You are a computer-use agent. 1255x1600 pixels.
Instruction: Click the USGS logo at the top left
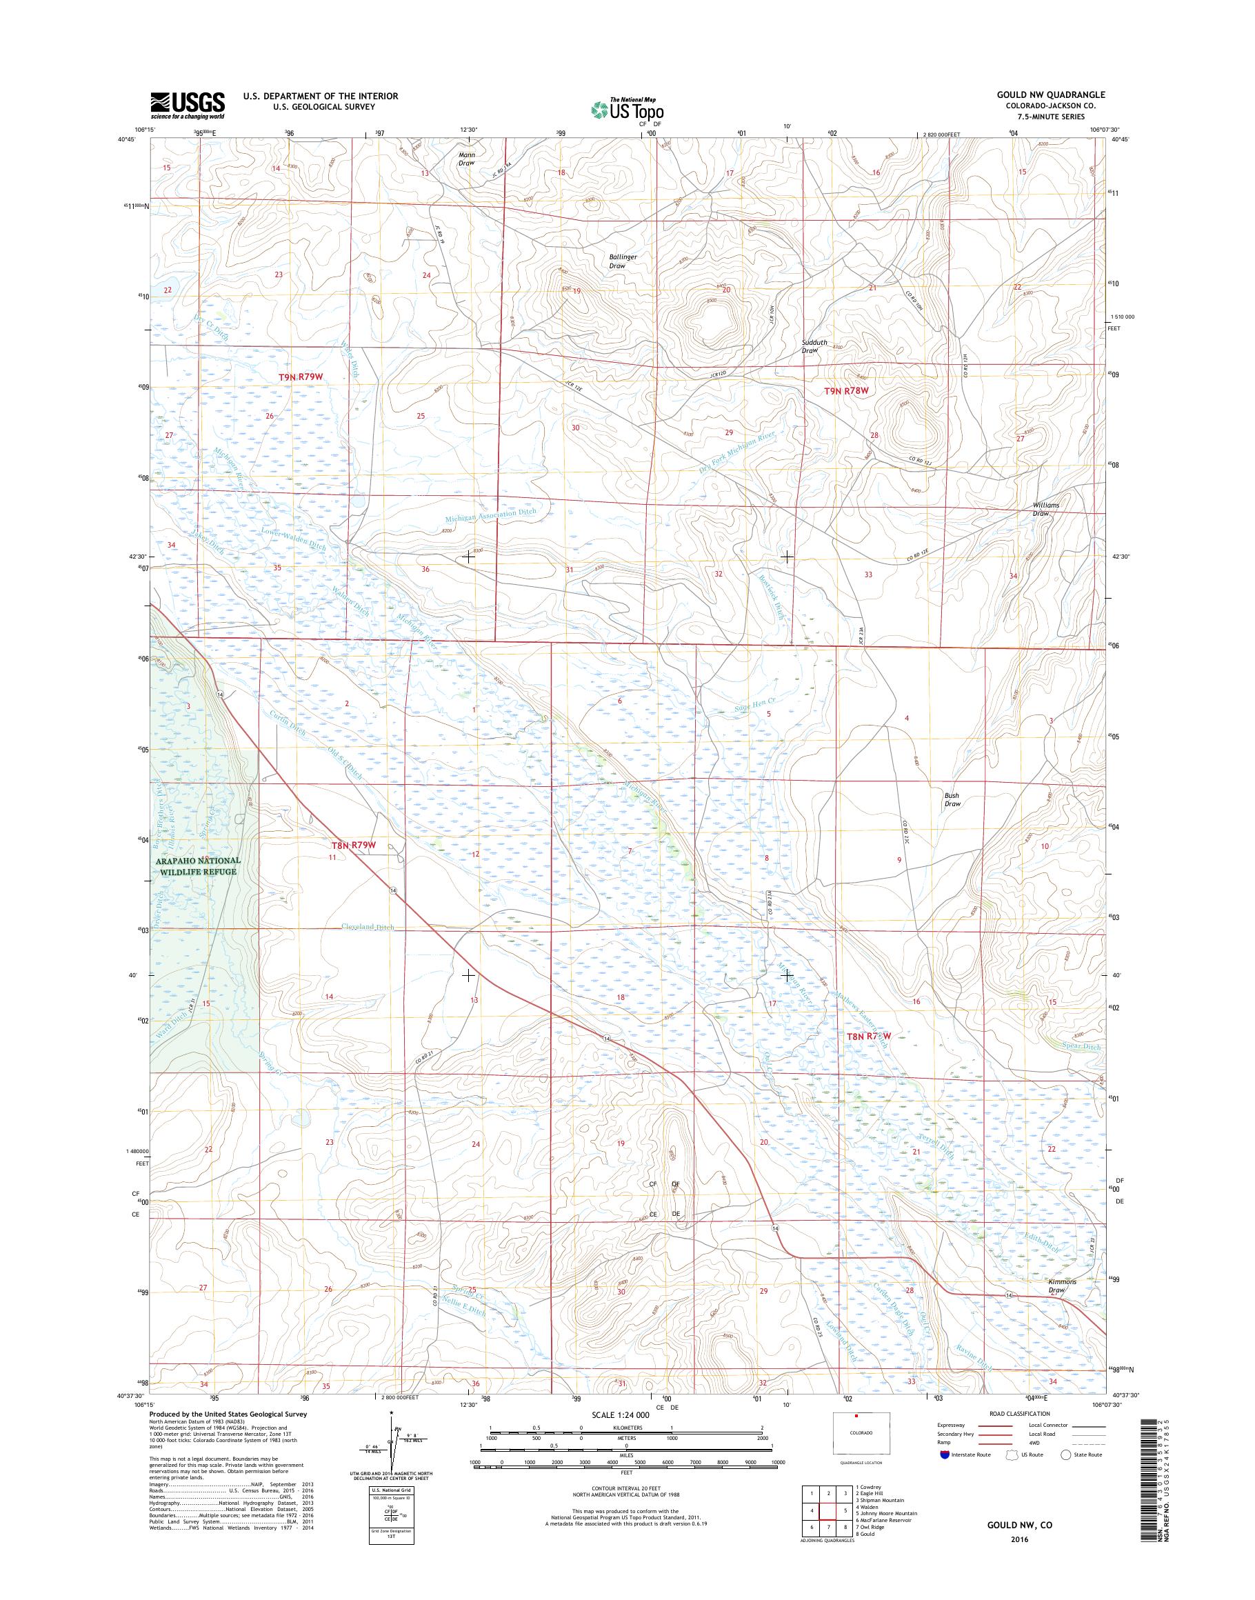(188, 105)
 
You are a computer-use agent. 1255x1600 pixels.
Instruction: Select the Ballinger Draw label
(623, 261)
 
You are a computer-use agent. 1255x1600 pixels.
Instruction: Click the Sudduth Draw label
(810, 347)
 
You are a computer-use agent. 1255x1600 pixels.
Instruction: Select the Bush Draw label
(952, 799)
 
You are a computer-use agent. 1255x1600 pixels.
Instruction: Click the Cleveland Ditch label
(367, 928)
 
